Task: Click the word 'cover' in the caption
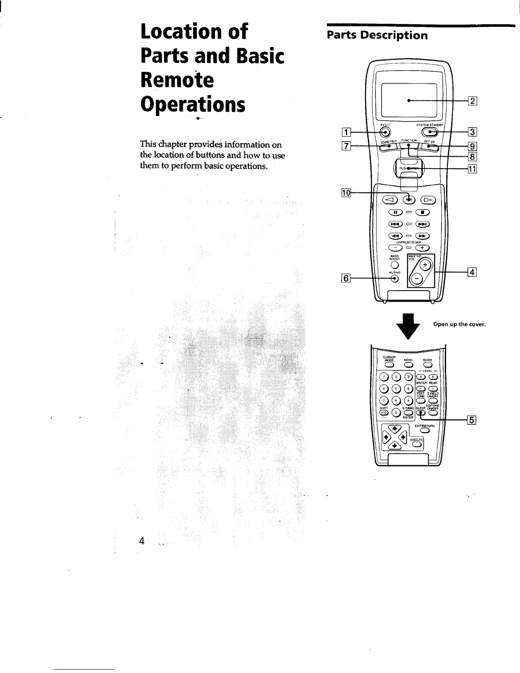(476, 325)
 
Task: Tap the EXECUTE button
(417, 445)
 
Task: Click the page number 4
(141, 541)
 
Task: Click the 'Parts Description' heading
(377, 35)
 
